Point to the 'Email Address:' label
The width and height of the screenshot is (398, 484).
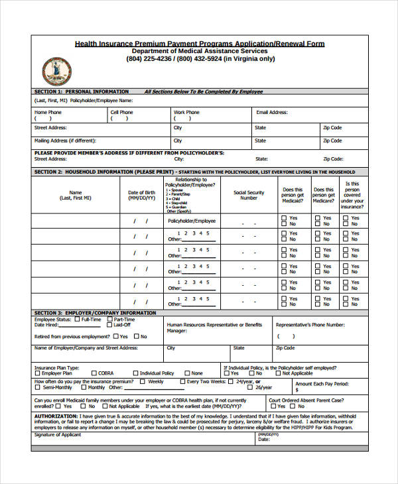[271, 113]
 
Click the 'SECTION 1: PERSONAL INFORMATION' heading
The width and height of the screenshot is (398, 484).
[82, 91]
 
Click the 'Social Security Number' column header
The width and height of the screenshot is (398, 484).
[249, 195]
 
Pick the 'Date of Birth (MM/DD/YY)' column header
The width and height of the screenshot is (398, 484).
[141, 195]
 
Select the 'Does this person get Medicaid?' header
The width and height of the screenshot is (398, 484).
[292, 195]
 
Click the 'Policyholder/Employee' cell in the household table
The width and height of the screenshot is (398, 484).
[191, 220]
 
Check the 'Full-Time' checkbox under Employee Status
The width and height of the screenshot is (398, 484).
[78, 319]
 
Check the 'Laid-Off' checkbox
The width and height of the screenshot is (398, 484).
[109, 325]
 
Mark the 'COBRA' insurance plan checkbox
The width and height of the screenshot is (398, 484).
[94, 373]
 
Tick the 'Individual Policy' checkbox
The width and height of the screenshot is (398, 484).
[136, 373]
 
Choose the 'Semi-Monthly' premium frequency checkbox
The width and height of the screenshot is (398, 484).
[37, 388]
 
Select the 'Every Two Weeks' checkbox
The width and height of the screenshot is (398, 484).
[183, 382]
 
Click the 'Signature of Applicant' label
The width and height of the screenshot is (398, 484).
[58, 435]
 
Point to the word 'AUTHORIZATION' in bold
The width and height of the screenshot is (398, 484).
[54, 416]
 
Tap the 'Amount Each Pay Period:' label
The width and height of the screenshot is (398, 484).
[321, 384]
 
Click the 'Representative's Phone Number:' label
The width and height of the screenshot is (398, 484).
[310, 325]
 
